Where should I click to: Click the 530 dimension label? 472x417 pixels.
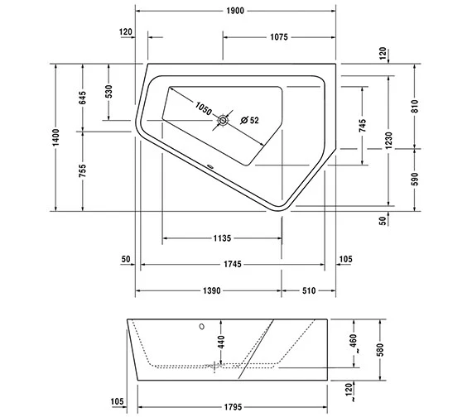pos(109,91)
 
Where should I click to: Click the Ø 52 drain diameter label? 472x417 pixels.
pos(249,121)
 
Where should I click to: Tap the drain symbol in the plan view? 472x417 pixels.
pos(223,122)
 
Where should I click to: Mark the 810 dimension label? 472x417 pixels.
pos(415,105)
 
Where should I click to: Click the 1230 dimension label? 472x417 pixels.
pos(389,141)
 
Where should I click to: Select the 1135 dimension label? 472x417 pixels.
pos(220,239)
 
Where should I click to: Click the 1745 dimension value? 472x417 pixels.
pos(232,264)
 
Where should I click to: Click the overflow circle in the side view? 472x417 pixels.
pos(200,326)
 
